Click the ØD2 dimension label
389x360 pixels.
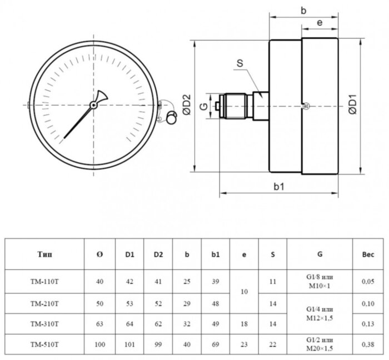(187, 104)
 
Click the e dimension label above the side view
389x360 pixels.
(320, 22)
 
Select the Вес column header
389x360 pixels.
(368, 254)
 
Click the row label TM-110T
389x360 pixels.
(44, 282)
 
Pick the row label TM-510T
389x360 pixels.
(44, 344)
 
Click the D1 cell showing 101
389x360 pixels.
(129, 344)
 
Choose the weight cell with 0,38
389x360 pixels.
(368, 344)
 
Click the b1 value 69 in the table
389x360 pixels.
(216, 344)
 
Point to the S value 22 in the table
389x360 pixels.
(272, 344)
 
